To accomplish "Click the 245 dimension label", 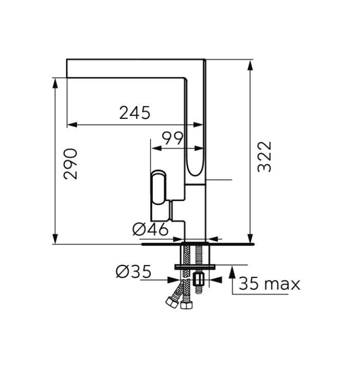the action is click(135, 113).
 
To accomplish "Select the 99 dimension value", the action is click(172, 138).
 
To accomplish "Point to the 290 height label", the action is click(70, 164).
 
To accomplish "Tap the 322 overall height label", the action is click(265, 157).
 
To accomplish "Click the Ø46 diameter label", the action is click(150, 229).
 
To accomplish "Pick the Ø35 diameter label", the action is click(133, 272).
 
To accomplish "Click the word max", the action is click(282, 284).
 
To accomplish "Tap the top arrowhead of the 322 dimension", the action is click(250, 65).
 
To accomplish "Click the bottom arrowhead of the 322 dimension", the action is click(250, 238).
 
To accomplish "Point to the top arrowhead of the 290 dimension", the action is click(55, 83).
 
